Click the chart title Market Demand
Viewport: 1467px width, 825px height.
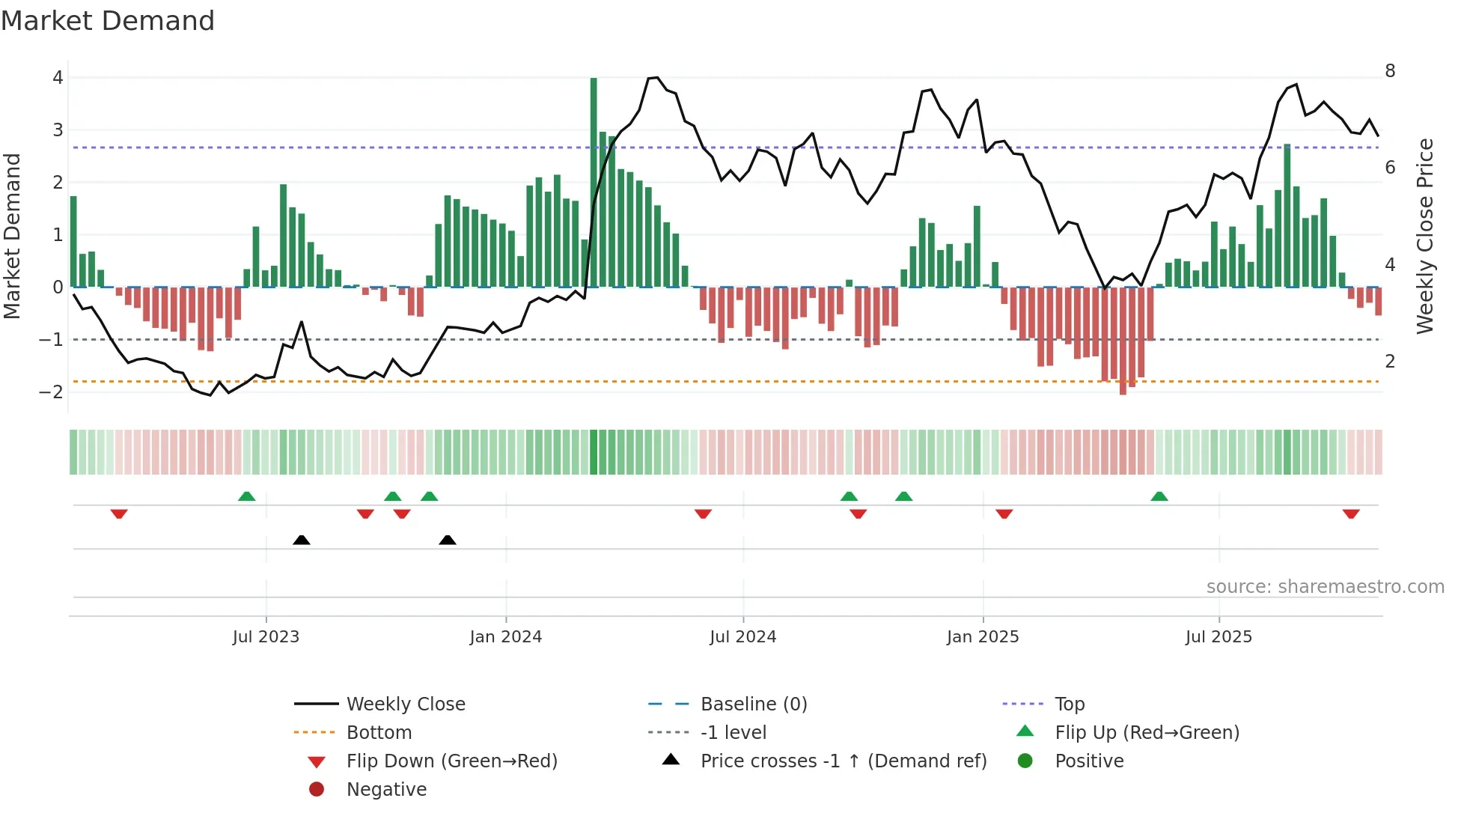[x=108, y=21]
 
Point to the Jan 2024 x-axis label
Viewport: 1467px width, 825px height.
[x=505, y=637]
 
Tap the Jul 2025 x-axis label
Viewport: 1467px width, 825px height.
[x=1219, y=637]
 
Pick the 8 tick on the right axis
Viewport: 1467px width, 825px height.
[x=1390, y=71]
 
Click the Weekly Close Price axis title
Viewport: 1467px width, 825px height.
[x=1425, y=236]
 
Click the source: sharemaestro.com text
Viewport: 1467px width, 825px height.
[x=1325, y=587]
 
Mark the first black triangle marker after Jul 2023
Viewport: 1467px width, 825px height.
[x=302, y=540]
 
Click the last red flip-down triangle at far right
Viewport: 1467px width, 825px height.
[x=1351, y=514]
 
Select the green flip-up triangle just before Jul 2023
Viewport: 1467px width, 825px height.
[x=246, y=496]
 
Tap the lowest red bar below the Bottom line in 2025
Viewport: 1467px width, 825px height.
[x=1123, y=341]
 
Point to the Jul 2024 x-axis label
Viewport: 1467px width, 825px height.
[x=742, y=637]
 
